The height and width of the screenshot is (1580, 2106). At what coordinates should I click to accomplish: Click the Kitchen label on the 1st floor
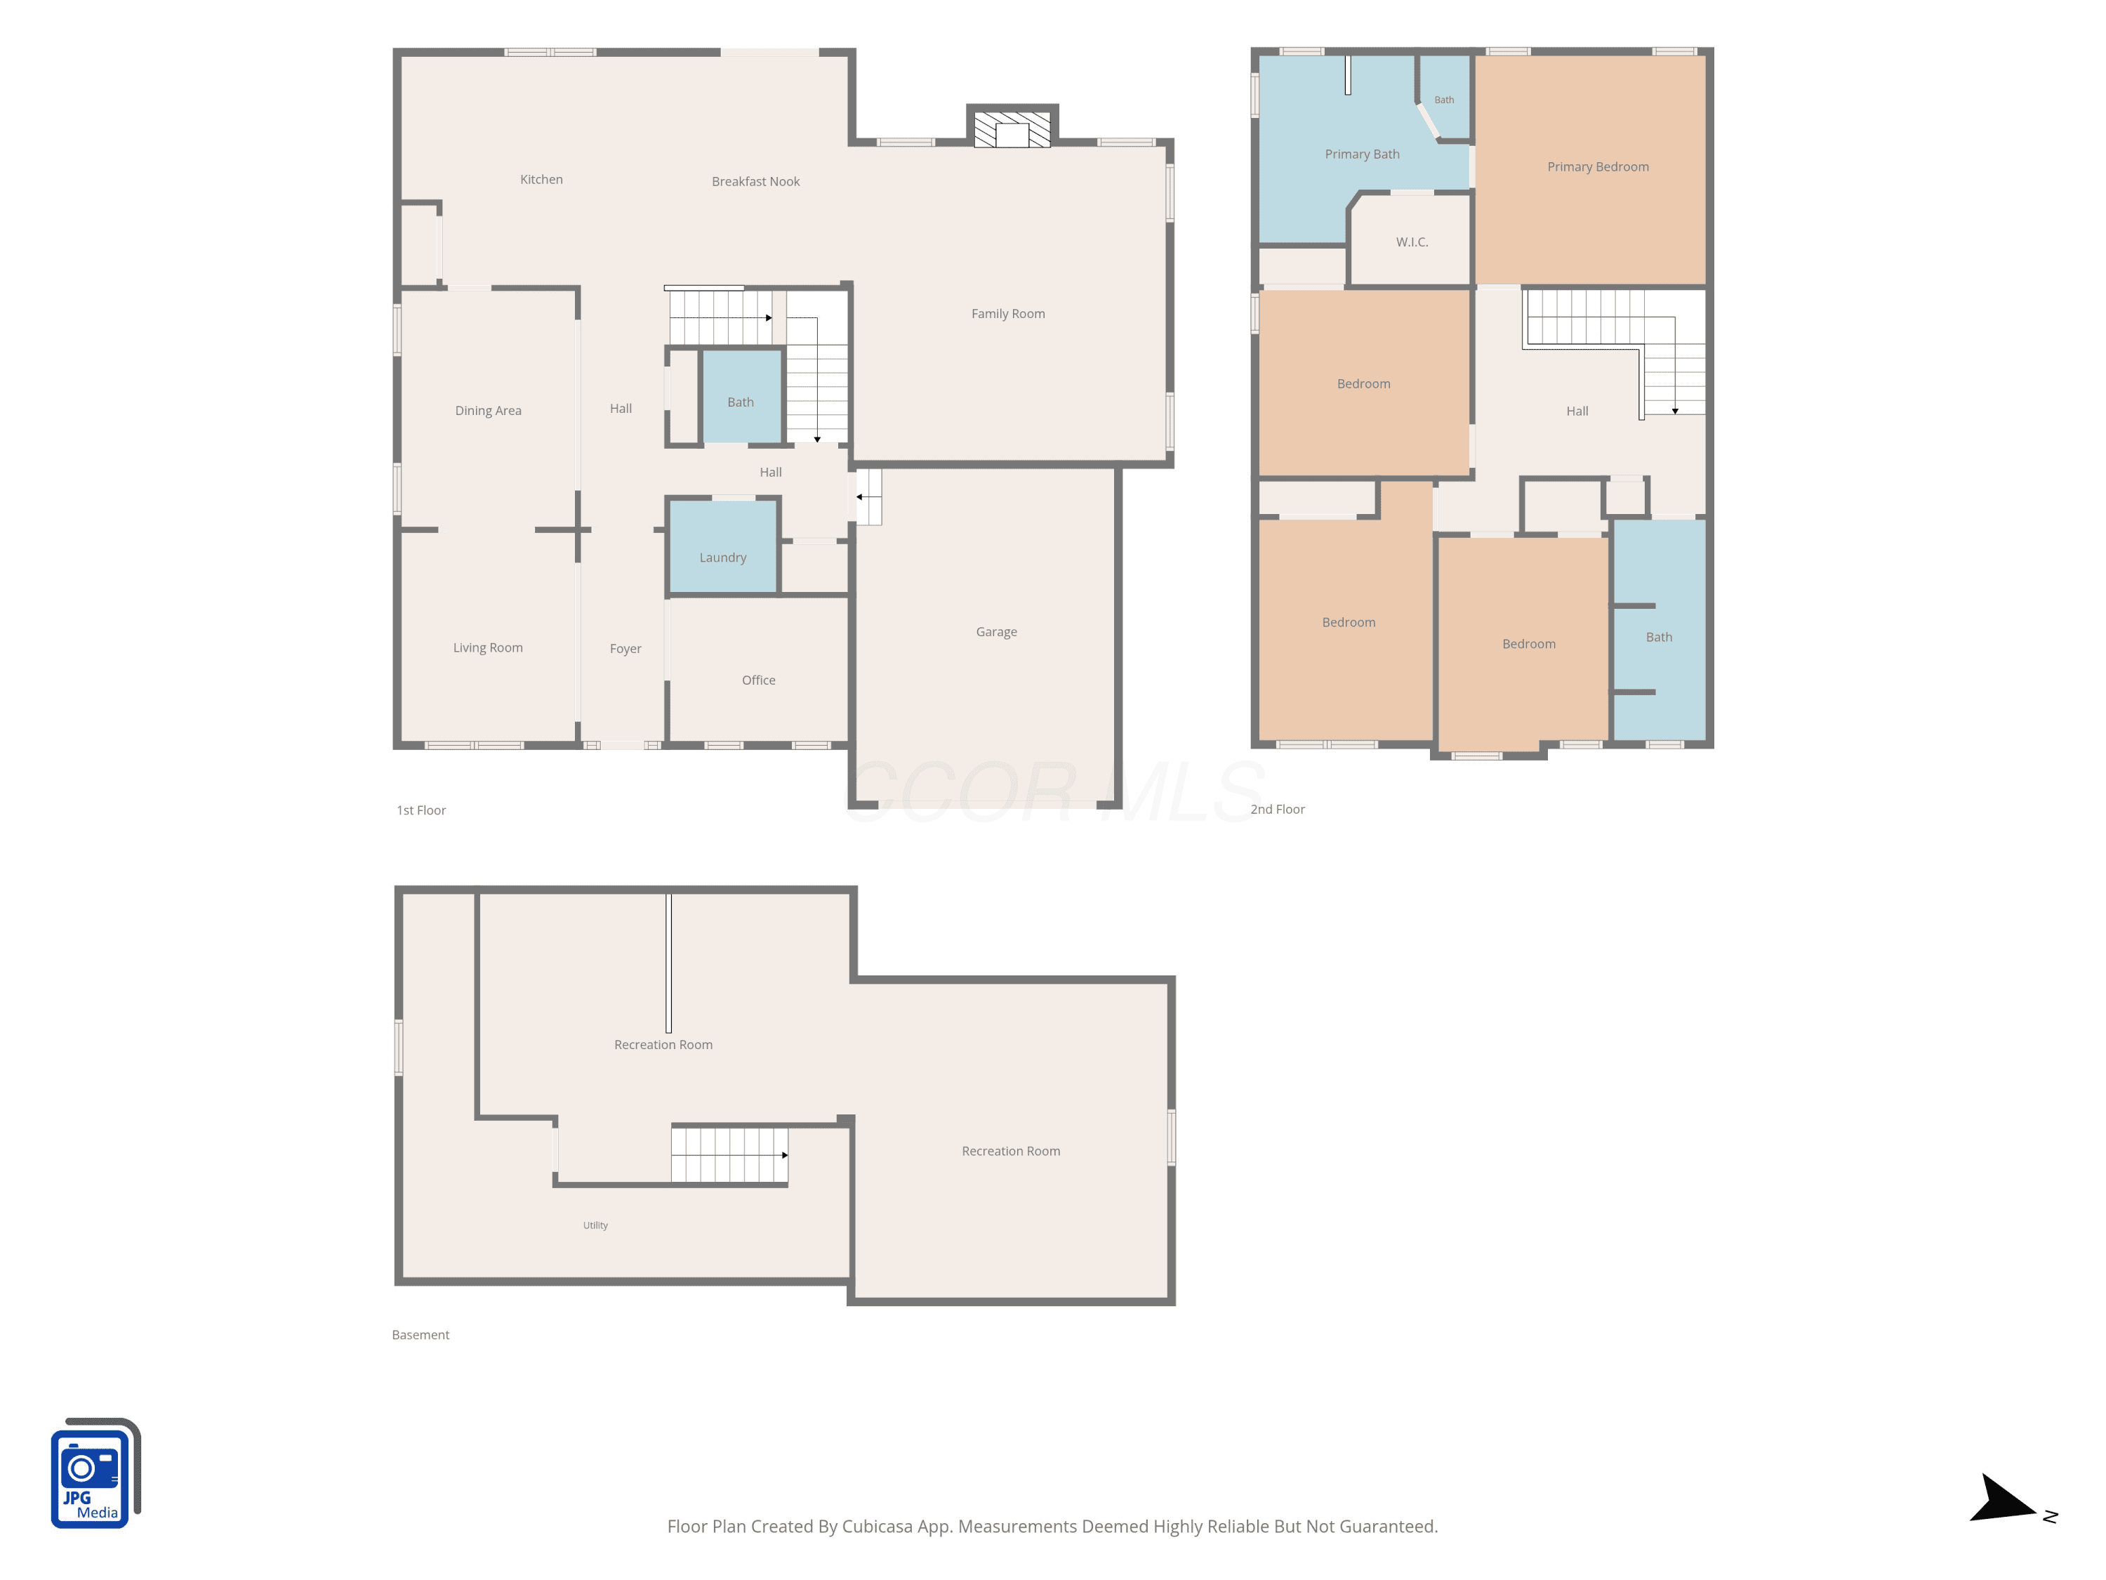coord(541,179)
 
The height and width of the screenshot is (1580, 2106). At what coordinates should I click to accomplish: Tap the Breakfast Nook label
coord(755,181)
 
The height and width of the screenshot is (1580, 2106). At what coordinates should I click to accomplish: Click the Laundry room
coord(722,546)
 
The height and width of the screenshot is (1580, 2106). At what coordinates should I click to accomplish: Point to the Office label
coord(758,680)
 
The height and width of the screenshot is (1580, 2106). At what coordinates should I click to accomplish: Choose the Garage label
coord(996,631)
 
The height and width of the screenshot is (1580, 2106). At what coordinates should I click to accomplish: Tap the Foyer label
coord(625,649)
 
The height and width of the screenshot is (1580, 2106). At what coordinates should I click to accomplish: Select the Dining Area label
coord(487,411)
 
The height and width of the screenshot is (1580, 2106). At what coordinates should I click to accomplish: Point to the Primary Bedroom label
coord(1598,166)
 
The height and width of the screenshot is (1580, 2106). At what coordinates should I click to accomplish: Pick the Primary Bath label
coord(1361,154)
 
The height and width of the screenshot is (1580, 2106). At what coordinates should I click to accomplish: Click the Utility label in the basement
coord(595,1225)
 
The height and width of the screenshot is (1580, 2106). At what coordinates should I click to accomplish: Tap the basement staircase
coord(729,1154)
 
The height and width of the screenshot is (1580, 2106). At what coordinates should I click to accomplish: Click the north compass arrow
coord(2002,1500)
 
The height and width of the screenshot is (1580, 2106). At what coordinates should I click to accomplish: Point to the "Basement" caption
coord(420,1334)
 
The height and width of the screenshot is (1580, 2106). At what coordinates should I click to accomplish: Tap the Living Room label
coord(487,647)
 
